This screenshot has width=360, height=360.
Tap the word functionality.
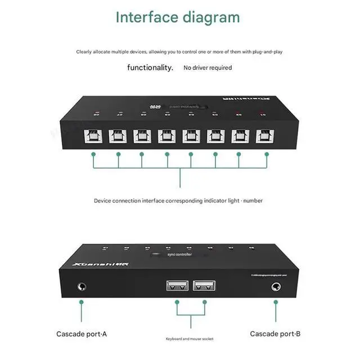[x=150, y=67]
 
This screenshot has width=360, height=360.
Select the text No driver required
[x=207, y=68]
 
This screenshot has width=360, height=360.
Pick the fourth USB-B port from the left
[x=166, y=137]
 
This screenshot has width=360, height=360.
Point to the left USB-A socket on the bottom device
[x=177, y=286]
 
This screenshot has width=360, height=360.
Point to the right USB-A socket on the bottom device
[x=204, y=286]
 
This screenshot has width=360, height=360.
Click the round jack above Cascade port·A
[x=82, y=286]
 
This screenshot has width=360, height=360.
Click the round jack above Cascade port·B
[x=276, y=286]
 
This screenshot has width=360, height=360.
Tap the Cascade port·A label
[x=82, y=334]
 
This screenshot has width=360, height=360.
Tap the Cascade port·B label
[x=275, y=334]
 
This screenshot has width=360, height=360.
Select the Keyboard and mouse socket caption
[x=190, y=338]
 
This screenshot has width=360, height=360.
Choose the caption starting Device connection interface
[x=178, y=200]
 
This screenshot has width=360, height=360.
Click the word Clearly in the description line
[x=86, y=52]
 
